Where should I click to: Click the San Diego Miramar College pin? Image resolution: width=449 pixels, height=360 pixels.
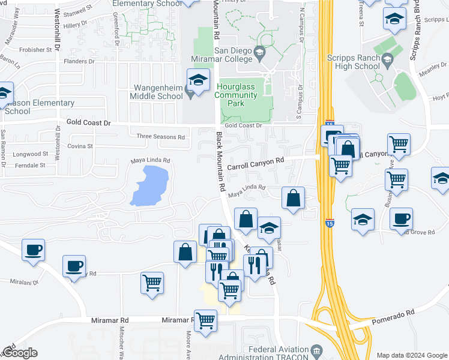[259, 53]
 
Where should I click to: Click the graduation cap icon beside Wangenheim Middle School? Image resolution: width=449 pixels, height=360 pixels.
[197, 79]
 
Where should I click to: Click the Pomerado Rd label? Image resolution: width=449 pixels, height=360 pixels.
[394, 313]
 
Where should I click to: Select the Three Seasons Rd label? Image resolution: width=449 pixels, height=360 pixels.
[161, 137]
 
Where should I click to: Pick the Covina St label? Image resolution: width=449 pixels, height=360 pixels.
[80, 146]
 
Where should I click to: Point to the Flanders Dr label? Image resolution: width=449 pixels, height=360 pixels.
[80, 61]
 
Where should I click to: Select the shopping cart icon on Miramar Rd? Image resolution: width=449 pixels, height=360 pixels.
[206, 321]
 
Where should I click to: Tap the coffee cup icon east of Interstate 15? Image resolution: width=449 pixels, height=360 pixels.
[401, 220]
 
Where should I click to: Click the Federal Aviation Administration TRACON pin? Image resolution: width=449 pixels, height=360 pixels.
[317, 350]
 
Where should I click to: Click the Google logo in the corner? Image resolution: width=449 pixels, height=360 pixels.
[19, 353]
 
